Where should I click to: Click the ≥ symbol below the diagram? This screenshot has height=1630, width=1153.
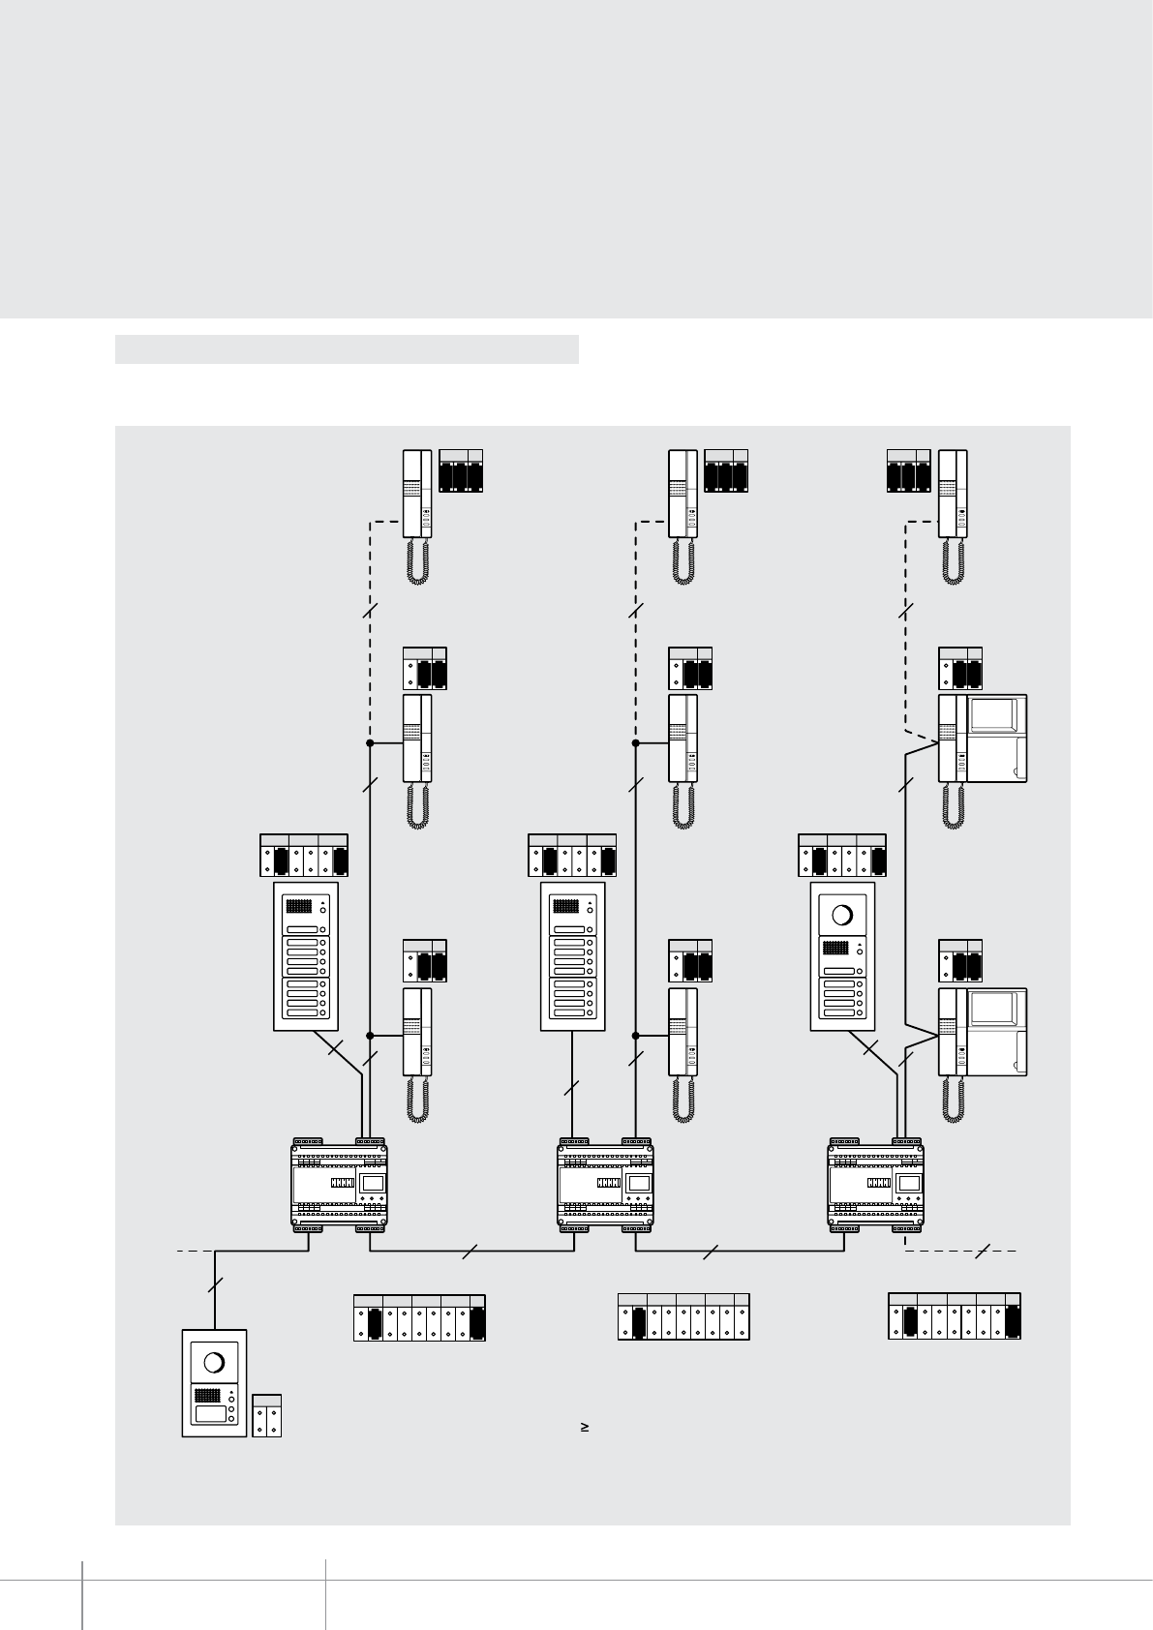[x=586, y=1427]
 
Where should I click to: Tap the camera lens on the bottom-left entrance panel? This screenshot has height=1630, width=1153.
[x=215, y=1363]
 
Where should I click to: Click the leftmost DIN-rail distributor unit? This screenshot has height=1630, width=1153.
[x=339, y=1185]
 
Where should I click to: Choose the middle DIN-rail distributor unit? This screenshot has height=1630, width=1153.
[x=605, y=1185]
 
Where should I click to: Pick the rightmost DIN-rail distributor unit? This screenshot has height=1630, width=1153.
[x=876, y=1185]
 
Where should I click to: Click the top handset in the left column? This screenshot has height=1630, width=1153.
[x=418, y=494]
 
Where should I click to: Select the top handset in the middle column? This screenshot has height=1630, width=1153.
[x=683, y=494]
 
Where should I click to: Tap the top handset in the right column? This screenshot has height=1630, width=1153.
[x=954, y=494]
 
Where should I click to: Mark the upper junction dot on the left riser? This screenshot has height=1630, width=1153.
[x=370, y=743]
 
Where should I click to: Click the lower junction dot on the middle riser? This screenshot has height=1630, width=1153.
[x=636, y=1036]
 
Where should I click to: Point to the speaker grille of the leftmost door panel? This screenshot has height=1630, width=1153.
[x=298, y=908]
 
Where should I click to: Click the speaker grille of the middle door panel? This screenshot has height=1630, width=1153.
[x=565, y=908]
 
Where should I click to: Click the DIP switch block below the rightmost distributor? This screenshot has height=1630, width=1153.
[x=954, y=1316]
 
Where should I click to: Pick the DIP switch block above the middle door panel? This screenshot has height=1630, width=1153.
[x=572, y=856]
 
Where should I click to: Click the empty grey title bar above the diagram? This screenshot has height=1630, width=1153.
[x=347, y=349]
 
